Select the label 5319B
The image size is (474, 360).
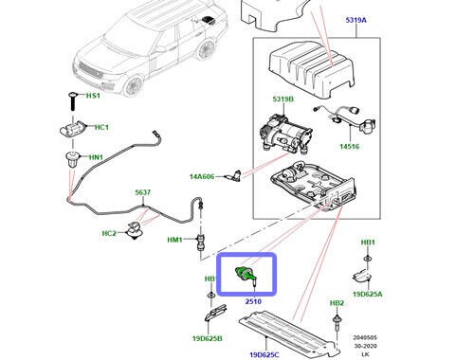pos(284,99)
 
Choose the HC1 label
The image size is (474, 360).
pos(100,127)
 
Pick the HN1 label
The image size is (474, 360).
pos(96,157)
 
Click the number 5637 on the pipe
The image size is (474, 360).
pos(141,192)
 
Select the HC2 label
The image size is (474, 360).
pos(109,233)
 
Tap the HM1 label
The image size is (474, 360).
pos(174,240)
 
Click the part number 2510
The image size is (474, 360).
pos(254,302)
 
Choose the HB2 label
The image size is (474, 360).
pos(337,303)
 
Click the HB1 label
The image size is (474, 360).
pos(368,243)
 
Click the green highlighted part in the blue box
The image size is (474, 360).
pos(246,276)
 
